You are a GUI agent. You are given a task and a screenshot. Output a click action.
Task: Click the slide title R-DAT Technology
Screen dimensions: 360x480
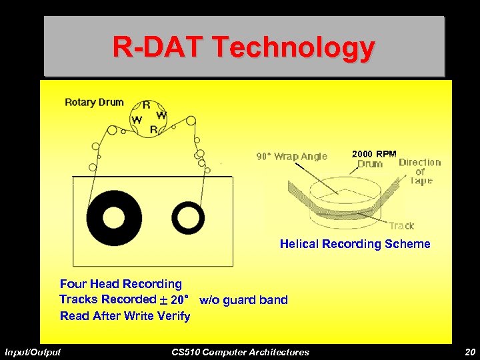click(243, 47)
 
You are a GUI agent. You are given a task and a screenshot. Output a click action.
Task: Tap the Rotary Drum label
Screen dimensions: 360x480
click(94, 102)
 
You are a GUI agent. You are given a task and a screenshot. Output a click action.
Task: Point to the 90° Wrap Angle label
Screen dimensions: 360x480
click(292, 157)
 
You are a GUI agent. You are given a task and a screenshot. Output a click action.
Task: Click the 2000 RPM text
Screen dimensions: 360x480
click(374, 154)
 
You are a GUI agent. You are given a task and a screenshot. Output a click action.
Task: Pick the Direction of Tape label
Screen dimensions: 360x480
click(420, 171)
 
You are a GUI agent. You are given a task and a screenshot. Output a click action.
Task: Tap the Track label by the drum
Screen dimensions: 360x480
click(401, 226)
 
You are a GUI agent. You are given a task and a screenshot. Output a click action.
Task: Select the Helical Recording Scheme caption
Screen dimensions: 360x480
click(355, 244)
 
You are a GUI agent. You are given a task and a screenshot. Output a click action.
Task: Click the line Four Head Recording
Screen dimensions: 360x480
click(121, 284)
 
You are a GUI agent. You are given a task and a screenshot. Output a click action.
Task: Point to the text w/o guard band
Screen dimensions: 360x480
click(243, 300)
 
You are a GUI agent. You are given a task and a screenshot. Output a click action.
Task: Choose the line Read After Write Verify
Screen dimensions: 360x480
click(125, 316)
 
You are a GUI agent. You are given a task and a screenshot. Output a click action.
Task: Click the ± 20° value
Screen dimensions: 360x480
click(175, 299)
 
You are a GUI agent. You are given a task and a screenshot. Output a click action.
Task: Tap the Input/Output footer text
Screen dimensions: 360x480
click(33, 352)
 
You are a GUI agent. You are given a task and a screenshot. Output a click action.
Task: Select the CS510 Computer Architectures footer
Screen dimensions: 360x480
click(240, 352)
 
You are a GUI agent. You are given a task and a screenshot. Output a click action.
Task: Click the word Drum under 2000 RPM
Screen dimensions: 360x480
click(369, 164)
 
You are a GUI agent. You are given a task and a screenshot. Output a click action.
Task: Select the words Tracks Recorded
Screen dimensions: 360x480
click(107, 299)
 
